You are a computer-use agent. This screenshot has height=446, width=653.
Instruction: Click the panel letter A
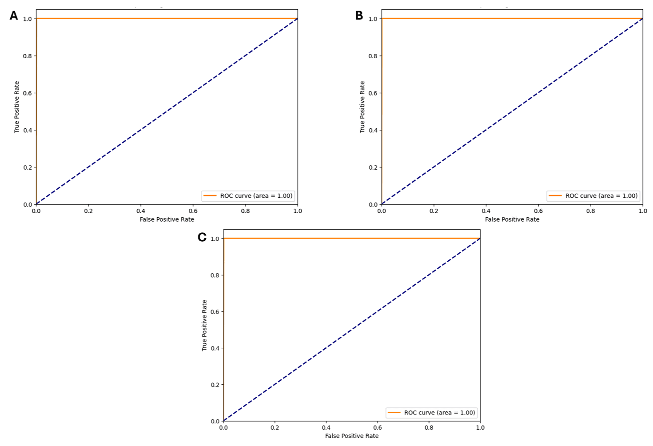[x=14, y=16]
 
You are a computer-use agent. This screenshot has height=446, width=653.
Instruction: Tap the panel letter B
[x=359, y=16]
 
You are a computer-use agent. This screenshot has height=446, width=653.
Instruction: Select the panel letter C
[x=202, y=237]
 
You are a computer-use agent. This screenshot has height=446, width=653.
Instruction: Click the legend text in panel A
[x=256, y=196]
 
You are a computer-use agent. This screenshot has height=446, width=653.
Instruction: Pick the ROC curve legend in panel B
[x=601, y=196]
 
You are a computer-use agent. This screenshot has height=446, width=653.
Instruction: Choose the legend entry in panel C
[x=439, y=413]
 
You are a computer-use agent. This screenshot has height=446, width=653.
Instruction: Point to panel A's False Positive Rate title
[x=167, y=219]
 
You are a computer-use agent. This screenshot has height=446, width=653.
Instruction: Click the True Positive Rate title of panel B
[x=362, y=107]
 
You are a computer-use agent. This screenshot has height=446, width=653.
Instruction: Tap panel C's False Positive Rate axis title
[x=352, y=436]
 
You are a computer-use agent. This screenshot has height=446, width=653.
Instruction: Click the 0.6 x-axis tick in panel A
[x=193, y=211]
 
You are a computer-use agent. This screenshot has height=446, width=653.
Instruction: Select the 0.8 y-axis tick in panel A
[x=28, y=56]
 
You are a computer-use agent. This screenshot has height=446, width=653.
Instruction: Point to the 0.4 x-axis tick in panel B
[x=486, y=211]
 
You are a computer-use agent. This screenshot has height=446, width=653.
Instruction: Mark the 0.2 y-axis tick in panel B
[x=373, y=167]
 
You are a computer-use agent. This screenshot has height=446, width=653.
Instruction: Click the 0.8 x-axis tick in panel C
[x=429, y=428]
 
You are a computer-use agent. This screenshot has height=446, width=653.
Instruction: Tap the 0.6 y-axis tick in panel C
[x=215, y=312]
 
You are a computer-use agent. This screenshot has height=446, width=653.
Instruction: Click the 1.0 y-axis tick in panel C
[x=215, y=239]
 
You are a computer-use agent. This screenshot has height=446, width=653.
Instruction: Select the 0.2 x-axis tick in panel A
[x=88, y=211]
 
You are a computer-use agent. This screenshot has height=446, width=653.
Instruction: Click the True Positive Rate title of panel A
[x=17, y=107]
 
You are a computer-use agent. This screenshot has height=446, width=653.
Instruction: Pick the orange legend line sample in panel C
[x=394, y=413]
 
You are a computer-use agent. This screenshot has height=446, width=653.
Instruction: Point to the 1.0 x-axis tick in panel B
[x=642, y=211]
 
